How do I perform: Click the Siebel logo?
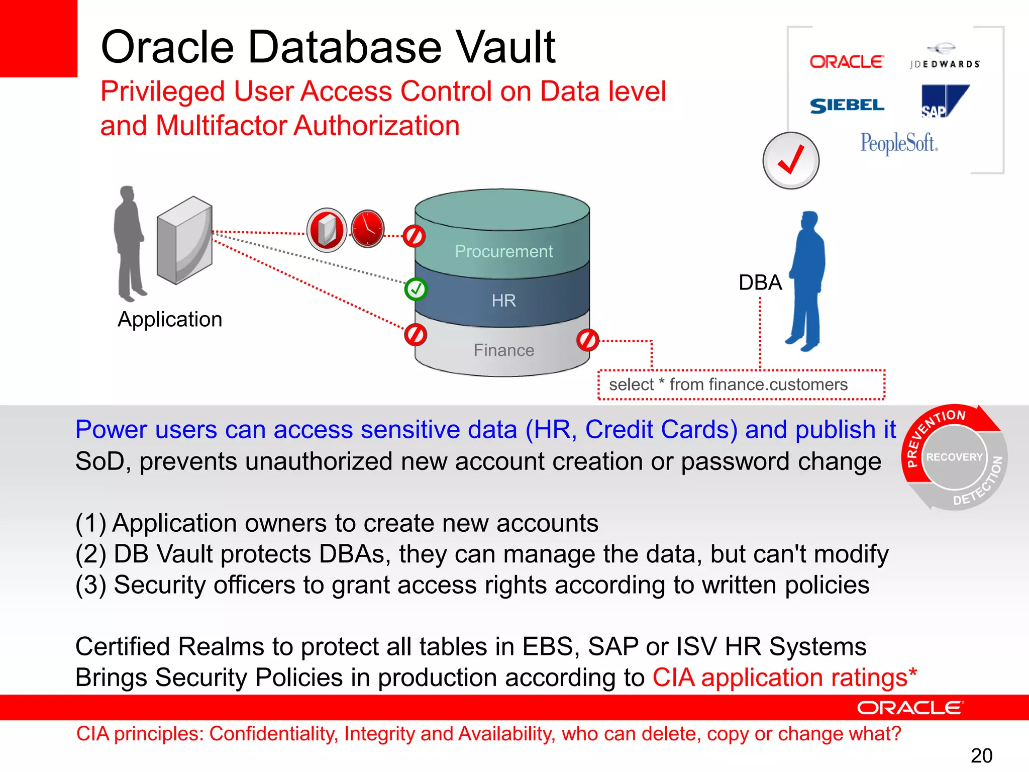tap(847, 106)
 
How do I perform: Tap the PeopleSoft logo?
tap(899, 143)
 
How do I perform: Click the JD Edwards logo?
tap(945, 57)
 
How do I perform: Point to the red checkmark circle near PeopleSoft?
tap(791, 161)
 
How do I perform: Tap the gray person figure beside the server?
tap(130, 243)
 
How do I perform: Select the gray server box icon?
tap(184, 240)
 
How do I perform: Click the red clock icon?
tap(368, 229)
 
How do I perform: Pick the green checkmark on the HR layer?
tap(416, 289)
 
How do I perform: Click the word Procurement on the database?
tap(503, 251)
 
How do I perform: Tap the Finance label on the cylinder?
tap(503, 350)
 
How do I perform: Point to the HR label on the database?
tap(503, 301)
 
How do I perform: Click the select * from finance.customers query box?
tap(741, 385)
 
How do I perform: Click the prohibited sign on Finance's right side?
tap(588, 340)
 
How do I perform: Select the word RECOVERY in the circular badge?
tap(954, 457)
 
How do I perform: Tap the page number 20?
tap(981, 755)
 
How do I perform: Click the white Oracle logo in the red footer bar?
tap(910, 708)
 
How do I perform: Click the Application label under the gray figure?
tap(170, 320)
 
